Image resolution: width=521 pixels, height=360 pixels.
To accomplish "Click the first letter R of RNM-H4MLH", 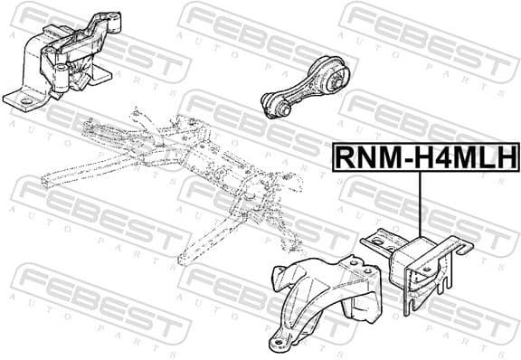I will (346, 156).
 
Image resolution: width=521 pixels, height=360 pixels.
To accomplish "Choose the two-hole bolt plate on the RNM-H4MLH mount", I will (376, 242).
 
